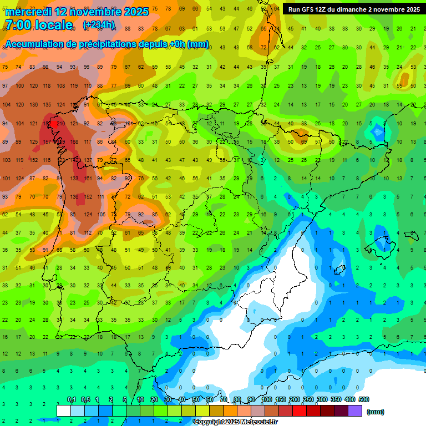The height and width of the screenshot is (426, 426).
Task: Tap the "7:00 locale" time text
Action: click(39, 25)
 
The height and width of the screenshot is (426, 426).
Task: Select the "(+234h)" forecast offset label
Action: click(99, 25)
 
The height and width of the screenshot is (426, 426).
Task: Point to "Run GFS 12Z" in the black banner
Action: click(308, 9)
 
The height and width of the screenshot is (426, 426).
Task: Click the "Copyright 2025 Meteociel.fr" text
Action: click(235, 422)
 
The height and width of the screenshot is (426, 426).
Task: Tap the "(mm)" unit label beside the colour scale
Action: click(376, 412)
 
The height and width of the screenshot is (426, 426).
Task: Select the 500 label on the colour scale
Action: click(363, 399)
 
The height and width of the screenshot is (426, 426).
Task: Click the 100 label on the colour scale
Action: click(266, 399)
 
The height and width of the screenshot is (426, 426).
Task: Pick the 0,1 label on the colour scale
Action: click(72, 399)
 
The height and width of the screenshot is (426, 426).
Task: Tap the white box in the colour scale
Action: click(64, 410)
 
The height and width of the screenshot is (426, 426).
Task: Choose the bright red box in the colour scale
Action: click(300, 410)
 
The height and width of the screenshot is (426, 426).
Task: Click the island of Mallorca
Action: click(379, 242)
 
